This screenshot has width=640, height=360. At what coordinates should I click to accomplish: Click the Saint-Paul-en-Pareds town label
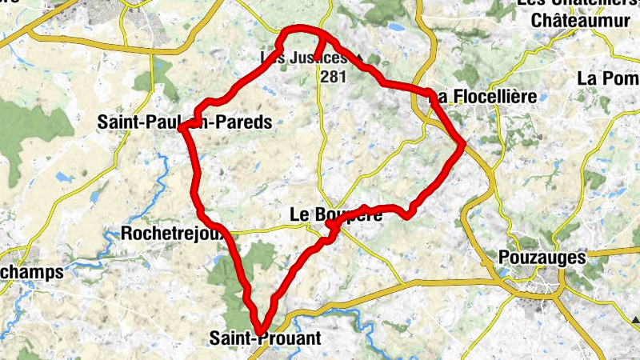pos(184,122)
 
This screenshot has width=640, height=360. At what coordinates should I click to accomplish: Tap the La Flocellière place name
pos(483,97)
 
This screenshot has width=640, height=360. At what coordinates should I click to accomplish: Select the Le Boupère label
pos(329,214)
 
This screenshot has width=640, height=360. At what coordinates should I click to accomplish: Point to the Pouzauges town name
pos(542,258)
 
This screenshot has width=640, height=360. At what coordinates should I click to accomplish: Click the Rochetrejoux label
pos(167,234)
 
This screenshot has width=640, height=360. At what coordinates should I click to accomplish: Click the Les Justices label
pos(305,58)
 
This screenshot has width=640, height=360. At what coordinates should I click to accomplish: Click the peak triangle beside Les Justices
pos(360,58)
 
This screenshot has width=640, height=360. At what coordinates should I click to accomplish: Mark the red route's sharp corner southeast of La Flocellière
pos(463,144)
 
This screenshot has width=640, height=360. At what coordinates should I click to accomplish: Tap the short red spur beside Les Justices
pos(318,50)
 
